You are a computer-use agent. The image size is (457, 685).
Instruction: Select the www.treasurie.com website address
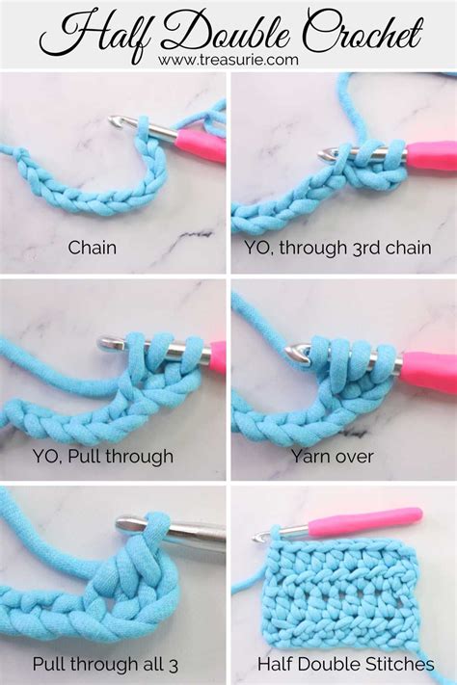228,60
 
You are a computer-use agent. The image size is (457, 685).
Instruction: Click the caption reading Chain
93,248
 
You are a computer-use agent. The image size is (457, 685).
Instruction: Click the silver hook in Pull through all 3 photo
169,529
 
